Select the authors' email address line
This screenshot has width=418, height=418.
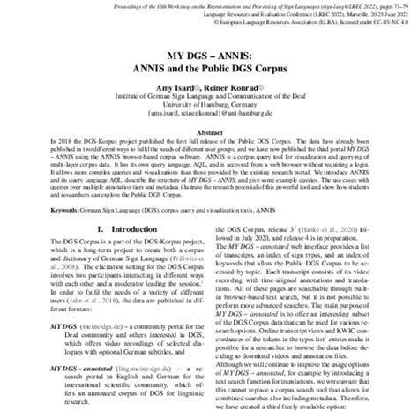pos(209,113)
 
